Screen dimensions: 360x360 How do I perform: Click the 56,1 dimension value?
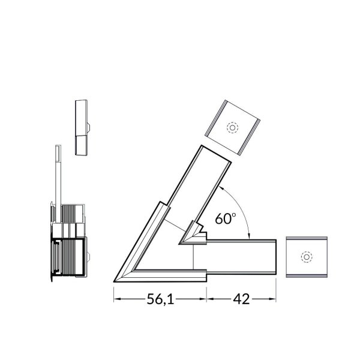coord(160,299)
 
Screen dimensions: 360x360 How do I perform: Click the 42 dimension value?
coord(241,299)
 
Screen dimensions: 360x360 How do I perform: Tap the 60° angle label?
coord(225,218)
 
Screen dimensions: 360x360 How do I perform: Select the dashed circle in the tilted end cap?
coord(232,128)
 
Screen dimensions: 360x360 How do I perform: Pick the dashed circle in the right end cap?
coord(307,257)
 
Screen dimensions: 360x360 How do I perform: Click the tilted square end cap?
coord(232,127)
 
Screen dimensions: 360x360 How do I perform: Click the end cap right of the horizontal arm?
coord(307,257)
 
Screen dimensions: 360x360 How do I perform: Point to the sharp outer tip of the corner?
coord(114,281)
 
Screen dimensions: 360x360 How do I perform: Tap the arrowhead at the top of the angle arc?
coord(221,187)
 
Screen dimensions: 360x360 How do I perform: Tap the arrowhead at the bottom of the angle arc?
coord(250,237)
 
